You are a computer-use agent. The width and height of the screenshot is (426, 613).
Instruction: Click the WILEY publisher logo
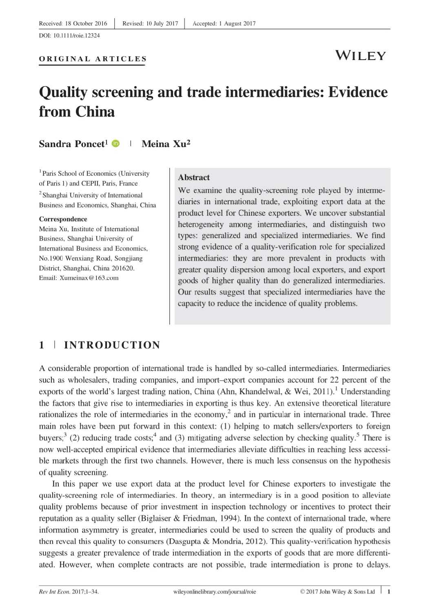pyautogui.click(x=360, y=56)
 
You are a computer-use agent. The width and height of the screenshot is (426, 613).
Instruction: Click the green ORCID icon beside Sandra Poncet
pyautogui.click(x=115, y=143)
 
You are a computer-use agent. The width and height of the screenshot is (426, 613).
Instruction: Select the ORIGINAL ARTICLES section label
pyautogui.click(x=93, y=59)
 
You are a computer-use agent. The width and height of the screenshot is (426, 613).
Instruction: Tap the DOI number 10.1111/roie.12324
pyautogui.click(x=77, y=36)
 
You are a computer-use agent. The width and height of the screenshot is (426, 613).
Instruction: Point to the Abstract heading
pyautogui.click(x=194, y=177)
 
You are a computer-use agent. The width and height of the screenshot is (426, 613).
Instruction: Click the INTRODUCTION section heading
pyautogui.click(x=112, y=345)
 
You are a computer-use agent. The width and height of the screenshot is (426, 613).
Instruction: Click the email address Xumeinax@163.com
pyautogui.click(x=89, y=278)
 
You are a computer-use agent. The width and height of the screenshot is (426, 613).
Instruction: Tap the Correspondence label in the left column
pyautogui.click(x=63, y=219)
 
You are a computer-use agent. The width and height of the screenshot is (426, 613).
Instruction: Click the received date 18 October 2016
pyautogui.click(x=86, y=23)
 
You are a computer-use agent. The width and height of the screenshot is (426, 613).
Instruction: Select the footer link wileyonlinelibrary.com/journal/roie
pyautogui.click(x=215, y=591)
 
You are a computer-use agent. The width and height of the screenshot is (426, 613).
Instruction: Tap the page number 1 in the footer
pyautogui.click(x=389, y=591)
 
